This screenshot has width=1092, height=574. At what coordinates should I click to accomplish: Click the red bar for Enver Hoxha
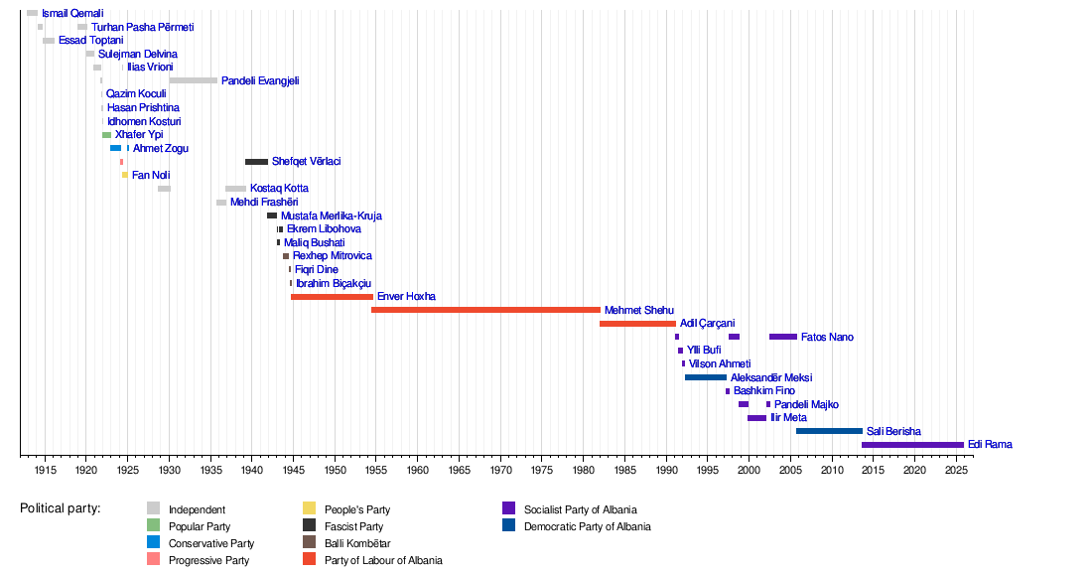click(332, 297)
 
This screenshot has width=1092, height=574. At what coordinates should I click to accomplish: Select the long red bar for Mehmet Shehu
click(485, 310)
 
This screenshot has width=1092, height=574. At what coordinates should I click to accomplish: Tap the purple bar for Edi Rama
click(912, 445)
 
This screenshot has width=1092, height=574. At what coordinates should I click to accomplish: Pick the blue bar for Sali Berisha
click(829, 431)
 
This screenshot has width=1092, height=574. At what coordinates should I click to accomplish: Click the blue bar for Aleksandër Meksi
click(705, 377)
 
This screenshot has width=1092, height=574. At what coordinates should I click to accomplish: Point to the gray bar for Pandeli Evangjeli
click(194, 80)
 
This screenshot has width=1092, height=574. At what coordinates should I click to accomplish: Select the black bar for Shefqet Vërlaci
click(256, 162)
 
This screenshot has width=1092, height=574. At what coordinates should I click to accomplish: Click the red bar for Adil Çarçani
click(637, 324)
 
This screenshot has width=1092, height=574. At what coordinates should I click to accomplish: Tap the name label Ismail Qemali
click(72, 13)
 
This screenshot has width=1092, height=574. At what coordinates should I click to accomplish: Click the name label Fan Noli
click(151, 175)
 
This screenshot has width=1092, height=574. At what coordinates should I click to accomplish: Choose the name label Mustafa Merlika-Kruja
click(331, 215)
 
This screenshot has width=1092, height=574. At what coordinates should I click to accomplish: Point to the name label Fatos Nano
click(827, 338)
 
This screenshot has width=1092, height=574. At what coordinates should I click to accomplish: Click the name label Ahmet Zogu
click(161, 148)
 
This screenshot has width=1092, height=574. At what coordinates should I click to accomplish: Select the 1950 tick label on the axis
click(335, 469)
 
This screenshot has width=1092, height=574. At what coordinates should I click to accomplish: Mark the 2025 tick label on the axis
click(955, 469)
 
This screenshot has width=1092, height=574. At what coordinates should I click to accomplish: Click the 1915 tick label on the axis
click(45, 469)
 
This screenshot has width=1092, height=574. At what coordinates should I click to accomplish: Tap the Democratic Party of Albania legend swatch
click(509, 526)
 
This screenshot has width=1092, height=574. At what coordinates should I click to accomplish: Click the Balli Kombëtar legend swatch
click(310, 543)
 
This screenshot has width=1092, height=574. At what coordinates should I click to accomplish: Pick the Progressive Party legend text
click(208, 560)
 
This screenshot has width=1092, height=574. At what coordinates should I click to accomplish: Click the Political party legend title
click(60, 508)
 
